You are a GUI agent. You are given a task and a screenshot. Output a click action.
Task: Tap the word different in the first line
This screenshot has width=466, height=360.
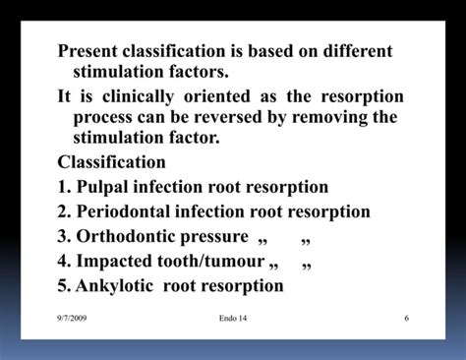point(349,51)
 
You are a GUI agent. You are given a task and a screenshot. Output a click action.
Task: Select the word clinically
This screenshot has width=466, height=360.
point(135,96)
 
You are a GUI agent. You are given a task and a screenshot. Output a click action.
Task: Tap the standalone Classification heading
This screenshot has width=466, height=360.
point(112,162)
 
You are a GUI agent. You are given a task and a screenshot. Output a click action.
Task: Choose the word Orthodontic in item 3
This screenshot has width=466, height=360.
point(126,236)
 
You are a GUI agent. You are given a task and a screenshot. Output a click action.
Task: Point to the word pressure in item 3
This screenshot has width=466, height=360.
point(214,236)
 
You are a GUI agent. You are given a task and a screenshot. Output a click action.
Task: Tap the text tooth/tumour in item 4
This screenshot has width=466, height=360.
point(210,262)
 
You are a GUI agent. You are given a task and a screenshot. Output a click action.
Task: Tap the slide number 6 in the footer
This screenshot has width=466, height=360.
point(406,319)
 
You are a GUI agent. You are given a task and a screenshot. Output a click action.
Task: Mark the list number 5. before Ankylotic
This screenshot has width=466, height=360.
point(65,286)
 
